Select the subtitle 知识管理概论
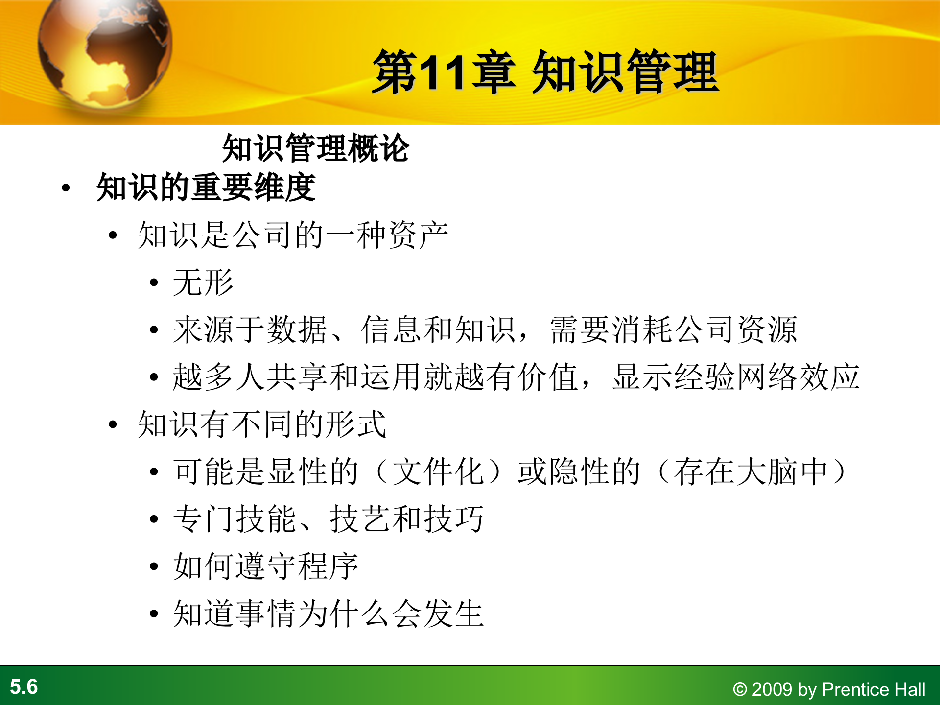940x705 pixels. [x=315, y=148]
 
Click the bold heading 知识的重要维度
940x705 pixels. [x=206, y=188]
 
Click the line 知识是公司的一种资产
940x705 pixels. [x=293, y=235]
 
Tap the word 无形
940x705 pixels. [x=203, y=282]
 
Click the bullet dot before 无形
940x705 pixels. [x=154, y=283]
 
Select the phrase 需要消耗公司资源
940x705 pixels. [x=674, y=330]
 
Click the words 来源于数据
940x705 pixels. [x=250, y=330]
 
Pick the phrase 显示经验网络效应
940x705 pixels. [x=736, y=377]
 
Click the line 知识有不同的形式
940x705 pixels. [x=262, y=424]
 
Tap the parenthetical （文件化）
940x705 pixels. [x=438, y=472]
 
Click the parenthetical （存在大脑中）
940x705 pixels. [x=752, y=472]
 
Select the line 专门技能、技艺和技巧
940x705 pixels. [x=328, y=519]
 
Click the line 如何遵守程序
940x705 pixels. [x=266, y=566]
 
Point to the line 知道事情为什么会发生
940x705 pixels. [x=328, y=614]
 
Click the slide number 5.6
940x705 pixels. [x=23, y=687]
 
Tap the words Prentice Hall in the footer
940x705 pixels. [x=874, y=690]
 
